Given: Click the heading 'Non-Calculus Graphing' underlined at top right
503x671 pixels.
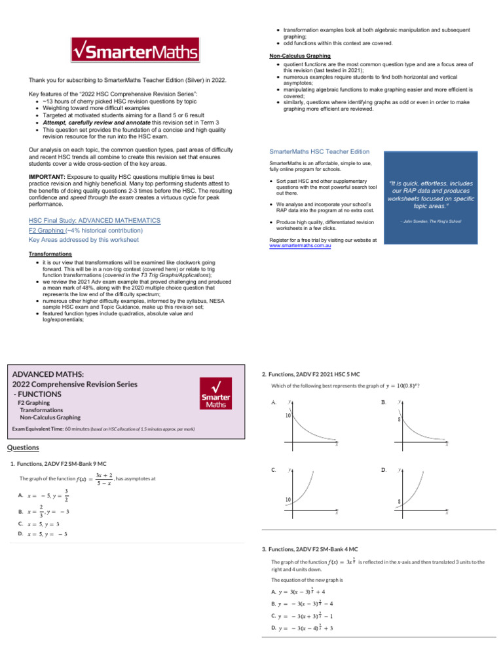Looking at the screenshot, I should click(x=300, y=56).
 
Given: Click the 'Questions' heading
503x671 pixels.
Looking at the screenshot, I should click(x=23, y=448).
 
